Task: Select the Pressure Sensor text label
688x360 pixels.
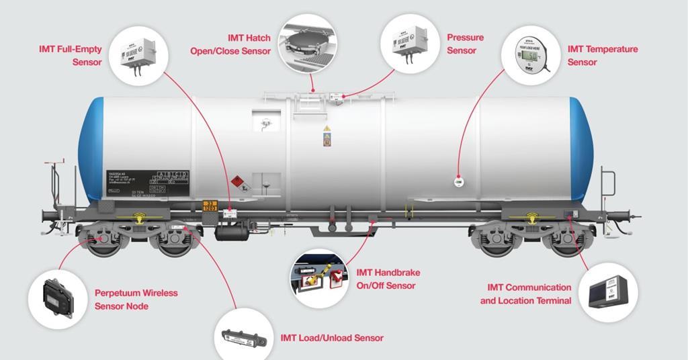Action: point(465,44)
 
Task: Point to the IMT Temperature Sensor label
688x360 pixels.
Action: point(602,55)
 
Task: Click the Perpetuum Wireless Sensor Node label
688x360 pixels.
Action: point(136,300)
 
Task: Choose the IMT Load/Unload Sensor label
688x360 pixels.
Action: point(332,337)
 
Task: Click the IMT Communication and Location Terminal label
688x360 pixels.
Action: point(525,294)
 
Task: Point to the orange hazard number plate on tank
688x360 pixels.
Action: point(211,206)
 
